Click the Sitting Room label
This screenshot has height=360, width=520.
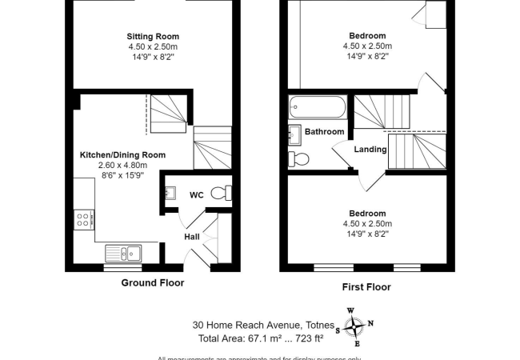(x=152, y=36)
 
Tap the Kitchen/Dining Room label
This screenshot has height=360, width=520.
(x=122, y=154)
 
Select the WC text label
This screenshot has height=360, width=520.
(x=197, y=194)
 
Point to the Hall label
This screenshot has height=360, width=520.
(x=192, y=237)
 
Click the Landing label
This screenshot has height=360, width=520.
(x=370, y=150)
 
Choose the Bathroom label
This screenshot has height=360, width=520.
(x=324, y=132)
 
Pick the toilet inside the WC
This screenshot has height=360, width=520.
(x=228, y=192)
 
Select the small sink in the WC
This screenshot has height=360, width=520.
(x=170, y=193)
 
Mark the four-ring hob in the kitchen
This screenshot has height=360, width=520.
(x=82, y=218)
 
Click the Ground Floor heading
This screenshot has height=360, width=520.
(x=152, y=283)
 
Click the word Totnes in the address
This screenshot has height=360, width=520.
(x=318, y=325)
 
